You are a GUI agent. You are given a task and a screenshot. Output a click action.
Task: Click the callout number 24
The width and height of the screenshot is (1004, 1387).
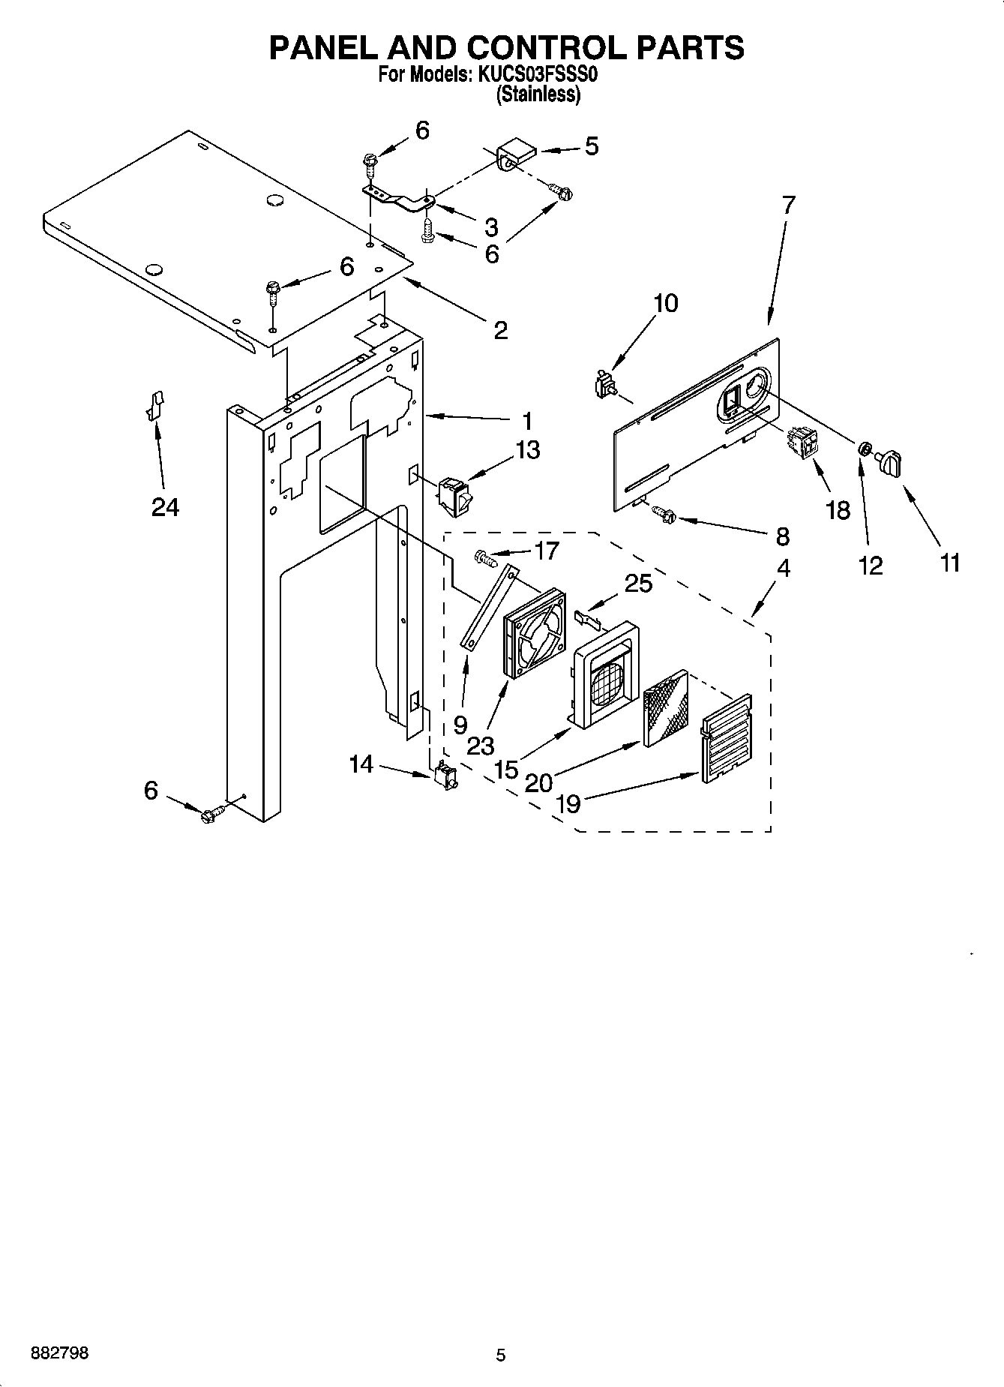[x=165, y=508]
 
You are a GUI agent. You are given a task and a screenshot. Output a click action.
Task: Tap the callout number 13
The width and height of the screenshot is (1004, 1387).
[x=527, y=450]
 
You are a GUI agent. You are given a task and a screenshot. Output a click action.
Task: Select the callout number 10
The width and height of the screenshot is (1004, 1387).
[x=666, y=303]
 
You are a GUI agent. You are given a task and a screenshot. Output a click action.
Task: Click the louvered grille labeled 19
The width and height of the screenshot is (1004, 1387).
[x=726, y=739]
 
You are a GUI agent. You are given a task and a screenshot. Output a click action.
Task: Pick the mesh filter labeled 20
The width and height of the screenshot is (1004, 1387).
[x=664, y=707]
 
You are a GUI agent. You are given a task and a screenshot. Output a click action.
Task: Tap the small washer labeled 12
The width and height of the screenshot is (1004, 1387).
[x=863, y=449]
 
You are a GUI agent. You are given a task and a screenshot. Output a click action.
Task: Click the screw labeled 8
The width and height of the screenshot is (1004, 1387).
[x=664, y=514]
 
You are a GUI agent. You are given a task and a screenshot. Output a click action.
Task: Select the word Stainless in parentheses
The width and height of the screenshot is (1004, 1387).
[x=538, y=95]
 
